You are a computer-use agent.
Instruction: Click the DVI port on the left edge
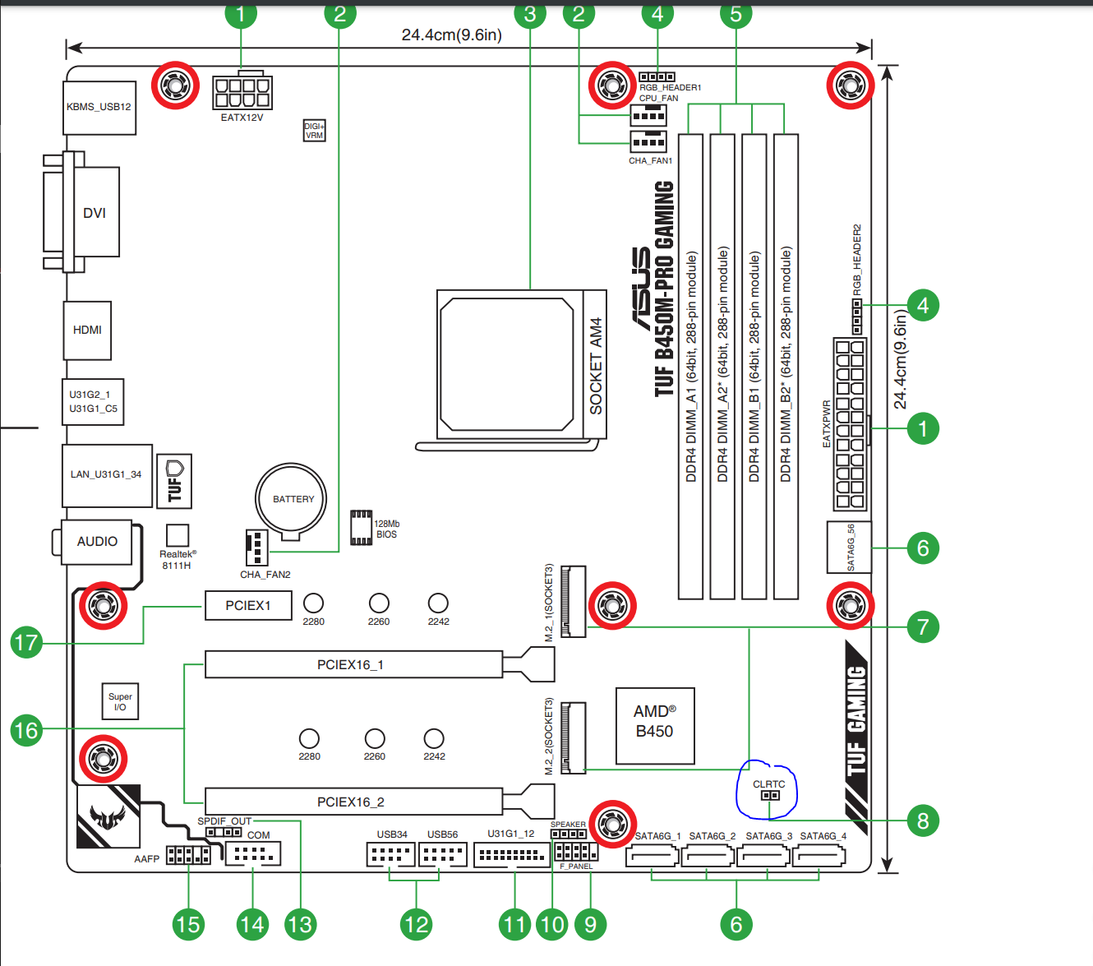point(94,212)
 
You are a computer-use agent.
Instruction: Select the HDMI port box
point(87,330)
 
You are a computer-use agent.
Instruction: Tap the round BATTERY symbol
point(292,499)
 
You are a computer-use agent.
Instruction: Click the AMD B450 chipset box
point(654,721)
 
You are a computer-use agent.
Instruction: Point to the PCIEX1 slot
point(247,606)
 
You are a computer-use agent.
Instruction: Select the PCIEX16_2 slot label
point(351,802)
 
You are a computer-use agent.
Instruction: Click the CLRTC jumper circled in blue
point(770,795)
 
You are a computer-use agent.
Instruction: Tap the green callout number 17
point(26,642)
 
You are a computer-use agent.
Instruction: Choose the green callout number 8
point(923,820)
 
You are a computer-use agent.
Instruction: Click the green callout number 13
point(299,925)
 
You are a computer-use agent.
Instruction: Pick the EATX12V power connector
point(242,92)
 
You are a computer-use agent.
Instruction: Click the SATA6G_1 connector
point(653,857)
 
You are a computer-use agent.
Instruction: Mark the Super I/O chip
point(120,701)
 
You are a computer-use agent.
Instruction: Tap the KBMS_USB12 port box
point(99,107)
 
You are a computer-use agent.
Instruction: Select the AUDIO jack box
point(97,542)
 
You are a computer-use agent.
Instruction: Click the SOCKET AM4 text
point(596,366)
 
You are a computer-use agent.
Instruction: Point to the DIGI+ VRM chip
point(314,131)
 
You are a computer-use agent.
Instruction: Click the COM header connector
point(253,854)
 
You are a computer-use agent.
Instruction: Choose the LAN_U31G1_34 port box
point(106,474)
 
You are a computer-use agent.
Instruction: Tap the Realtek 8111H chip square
point(178,535)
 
